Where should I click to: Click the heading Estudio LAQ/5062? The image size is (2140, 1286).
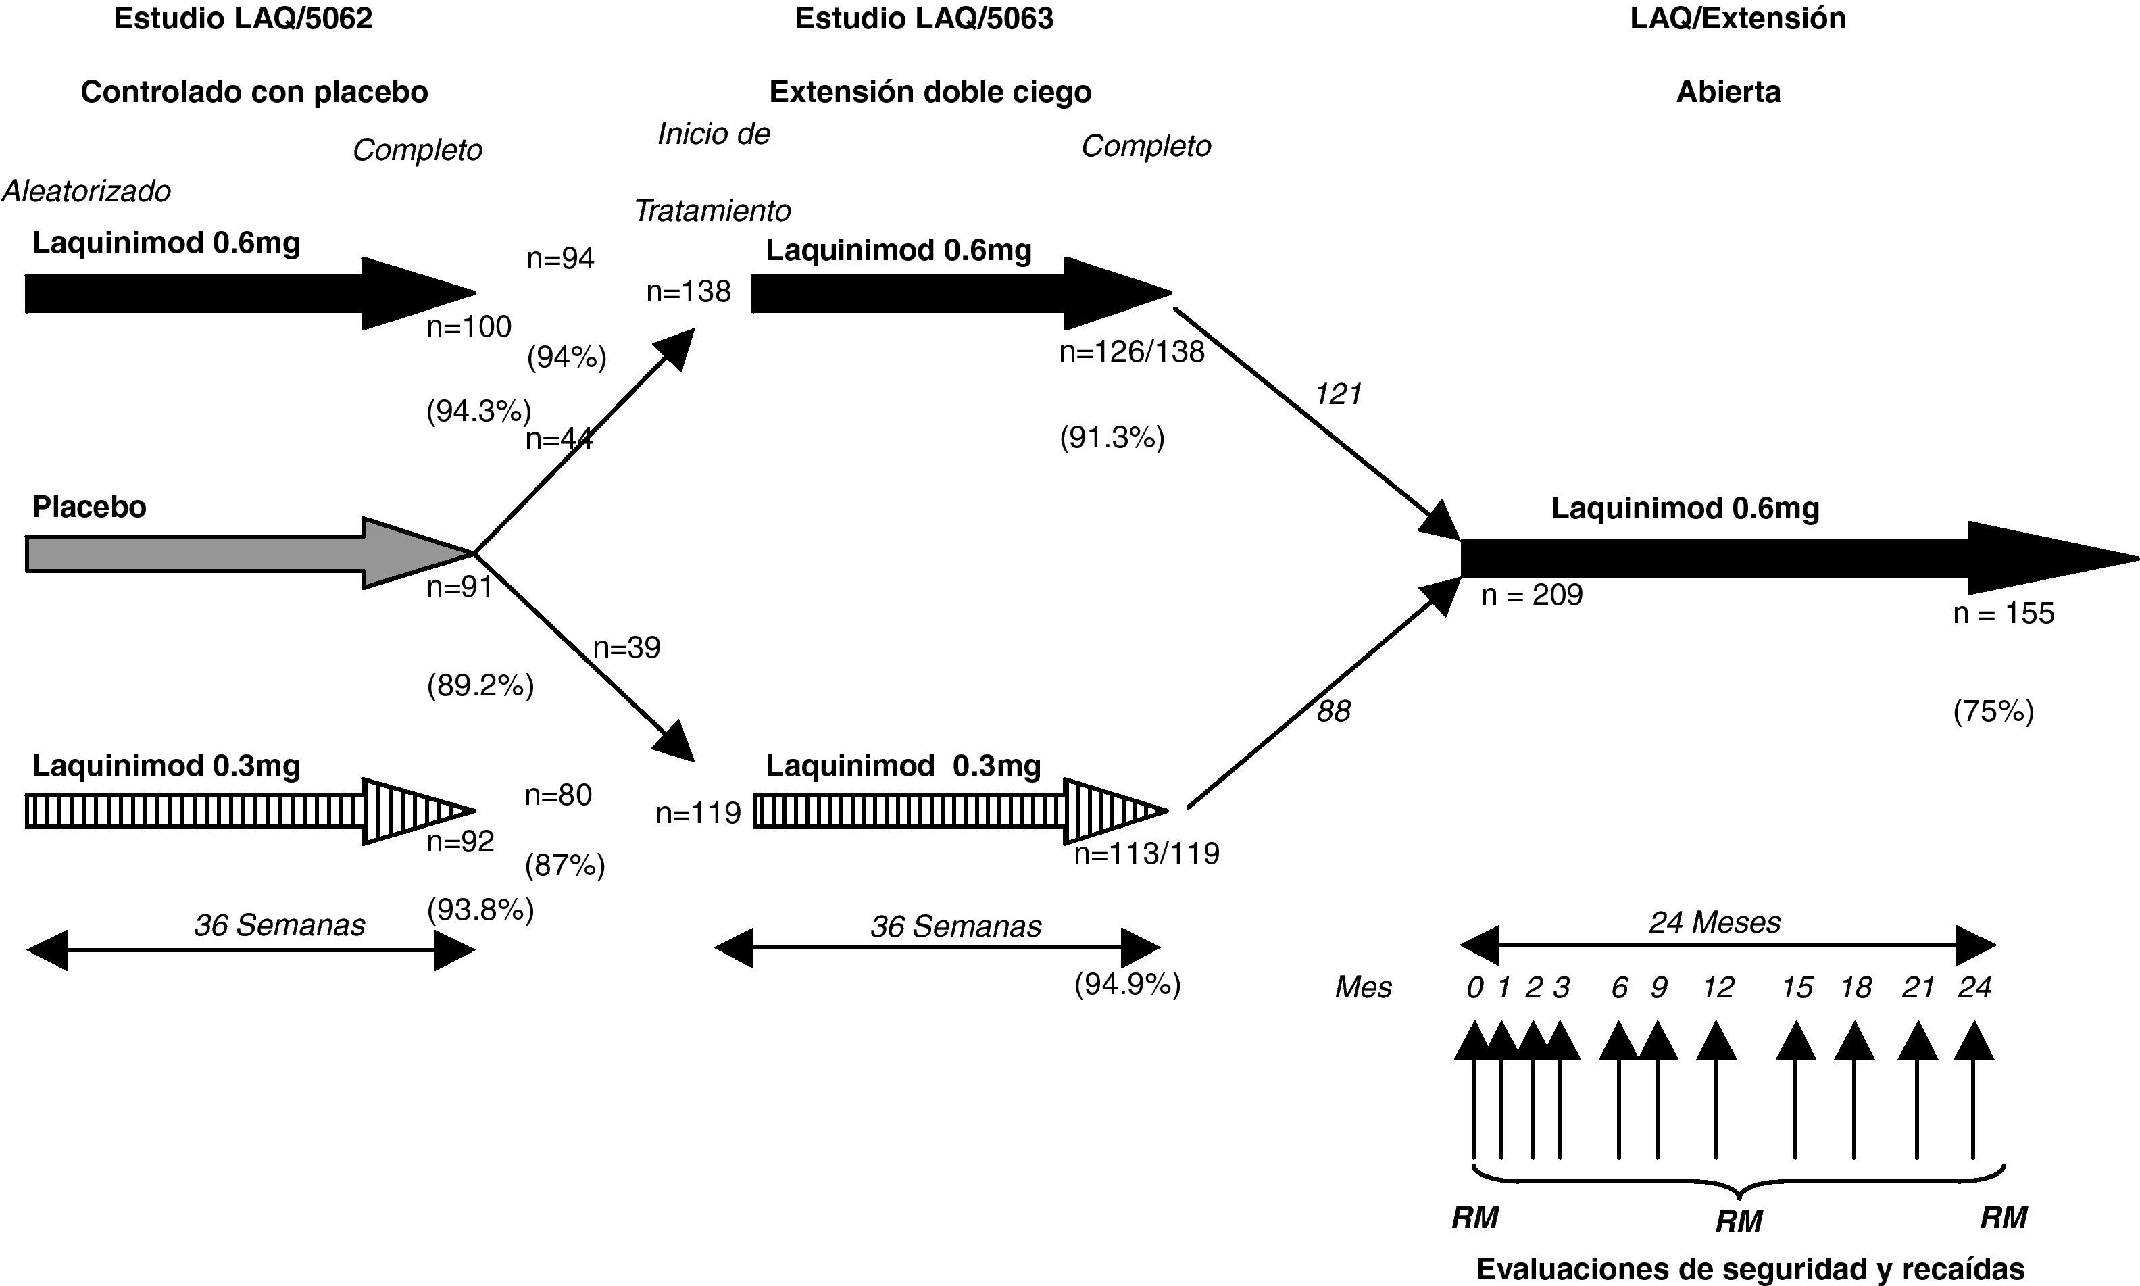coord(243,19)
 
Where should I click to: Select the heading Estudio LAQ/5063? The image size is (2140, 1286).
coord(924,19)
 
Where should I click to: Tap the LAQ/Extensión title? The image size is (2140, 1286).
coord(1737,19)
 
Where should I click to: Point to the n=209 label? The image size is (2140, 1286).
coord(1532,595)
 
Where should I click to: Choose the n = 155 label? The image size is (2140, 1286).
coord(2003,614)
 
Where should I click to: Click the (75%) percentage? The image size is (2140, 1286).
coord(1993,712)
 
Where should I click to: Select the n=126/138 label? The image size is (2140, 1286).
coord(1132,352)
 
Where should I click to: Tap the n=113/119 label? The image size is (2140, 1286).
coord(1146,854)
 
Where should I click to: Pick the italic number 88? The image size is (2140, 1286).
coord(1333,712)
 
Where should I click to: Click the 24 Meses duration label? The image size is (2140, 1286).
coord(1714,922)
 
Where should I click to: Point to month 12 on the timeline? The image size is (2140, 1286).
coord(1717,988)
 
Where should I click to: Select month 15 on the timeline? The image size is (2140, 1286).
coord(1797,988)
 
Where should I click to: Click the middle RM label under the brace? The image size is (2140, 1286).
coord(1739,1222)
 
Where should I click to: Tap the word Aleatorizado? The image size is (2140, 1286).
coord(86,191)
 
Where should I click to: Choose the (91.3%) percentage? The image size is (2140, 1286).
coord(1112,439)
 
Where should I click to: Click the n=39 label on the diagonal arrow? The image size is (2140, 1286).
coord(626,648)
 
